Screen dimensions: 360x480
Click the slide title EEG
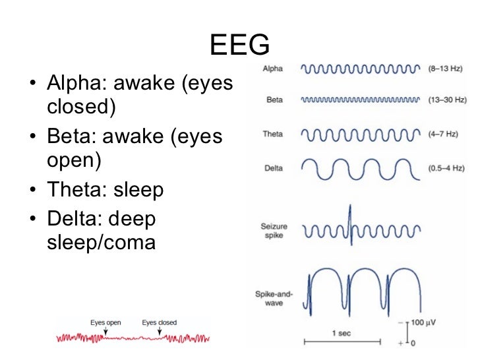[240, 45]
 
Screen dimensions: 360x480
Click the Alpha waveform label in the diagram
[274, 69]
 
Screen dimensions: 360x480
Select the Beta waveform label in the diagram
[275, 101]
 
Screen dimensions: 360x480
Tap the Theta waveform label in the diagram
[274, 135]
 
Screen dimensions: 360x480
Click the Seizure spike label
[274, 231]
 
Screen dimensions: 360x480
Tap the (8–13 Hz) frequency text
[445, 68]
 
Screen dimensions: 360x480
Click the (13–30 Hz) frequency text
[447, 100]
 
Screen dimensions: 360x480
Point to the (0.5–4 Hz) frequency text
[447, 167]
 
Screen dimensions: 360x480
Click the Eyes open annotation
[105, 322]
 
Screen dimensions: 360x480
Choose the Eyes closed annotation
[159, 322]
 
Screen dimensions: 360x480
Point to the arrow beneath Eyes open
[105, 332]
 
